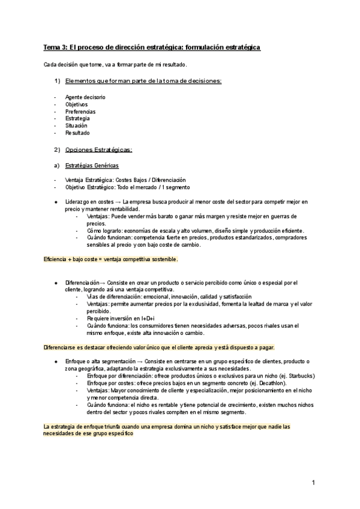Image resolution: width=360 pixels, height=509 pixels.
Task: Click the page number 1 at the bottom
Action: tap(313, 483)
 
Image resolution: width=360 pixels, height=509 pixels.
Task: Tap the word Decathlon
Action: tap(271, 383)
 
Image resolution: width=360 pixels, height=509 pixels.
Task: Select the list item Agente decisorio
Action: tap(85, 97)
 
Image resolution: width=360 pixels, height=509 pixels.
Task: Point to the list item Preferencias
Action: tap(80, 112)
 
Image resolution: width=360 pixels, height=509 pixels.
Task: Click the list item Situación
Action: tap(76, 126)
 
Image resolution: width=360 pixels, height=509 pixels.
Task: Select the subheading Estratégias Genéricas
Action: tap(92, 165)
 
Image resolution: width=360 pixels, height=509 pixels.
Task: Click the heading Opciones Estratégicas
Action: tap(99, 149)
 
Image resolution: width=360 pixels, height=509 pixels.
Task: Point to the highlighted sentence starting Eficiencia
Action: tap(111, 259)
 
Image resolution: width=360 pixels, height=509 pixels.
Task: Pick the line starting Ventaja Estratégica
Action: tap(125, 180)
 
